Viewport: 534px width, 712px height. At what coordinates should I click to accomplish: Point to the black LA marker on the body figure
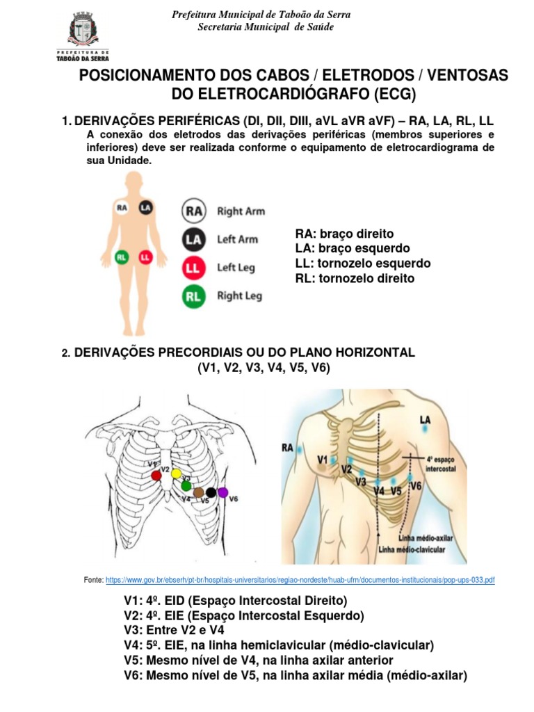coord(145,207)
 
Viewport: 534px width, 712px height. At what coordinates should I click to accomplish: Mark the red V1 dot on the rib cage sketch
coord(156,475)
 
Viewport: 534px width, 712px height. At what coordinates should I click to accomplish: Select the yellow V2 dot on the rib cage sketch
coord(177,474)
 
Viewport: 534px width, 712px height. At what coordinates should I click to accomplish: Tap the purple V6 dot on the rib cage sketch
coord(222,492)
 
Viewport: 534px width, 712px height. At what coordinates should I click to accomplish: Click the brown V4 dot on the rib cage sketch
coord(199,493)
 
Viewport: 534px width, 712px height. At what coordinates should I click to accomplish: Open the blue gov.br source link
coord(300,579)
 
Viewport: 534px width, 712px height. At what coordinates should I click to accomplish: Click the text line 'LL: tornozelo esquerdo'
coord(363,264)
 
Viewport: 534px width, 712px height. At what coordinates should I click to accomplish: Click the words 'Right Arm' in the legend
coord(241,211)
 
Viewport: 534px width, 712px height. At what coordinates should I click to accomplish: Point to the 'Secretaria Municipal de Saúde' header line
coord(266,26)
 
